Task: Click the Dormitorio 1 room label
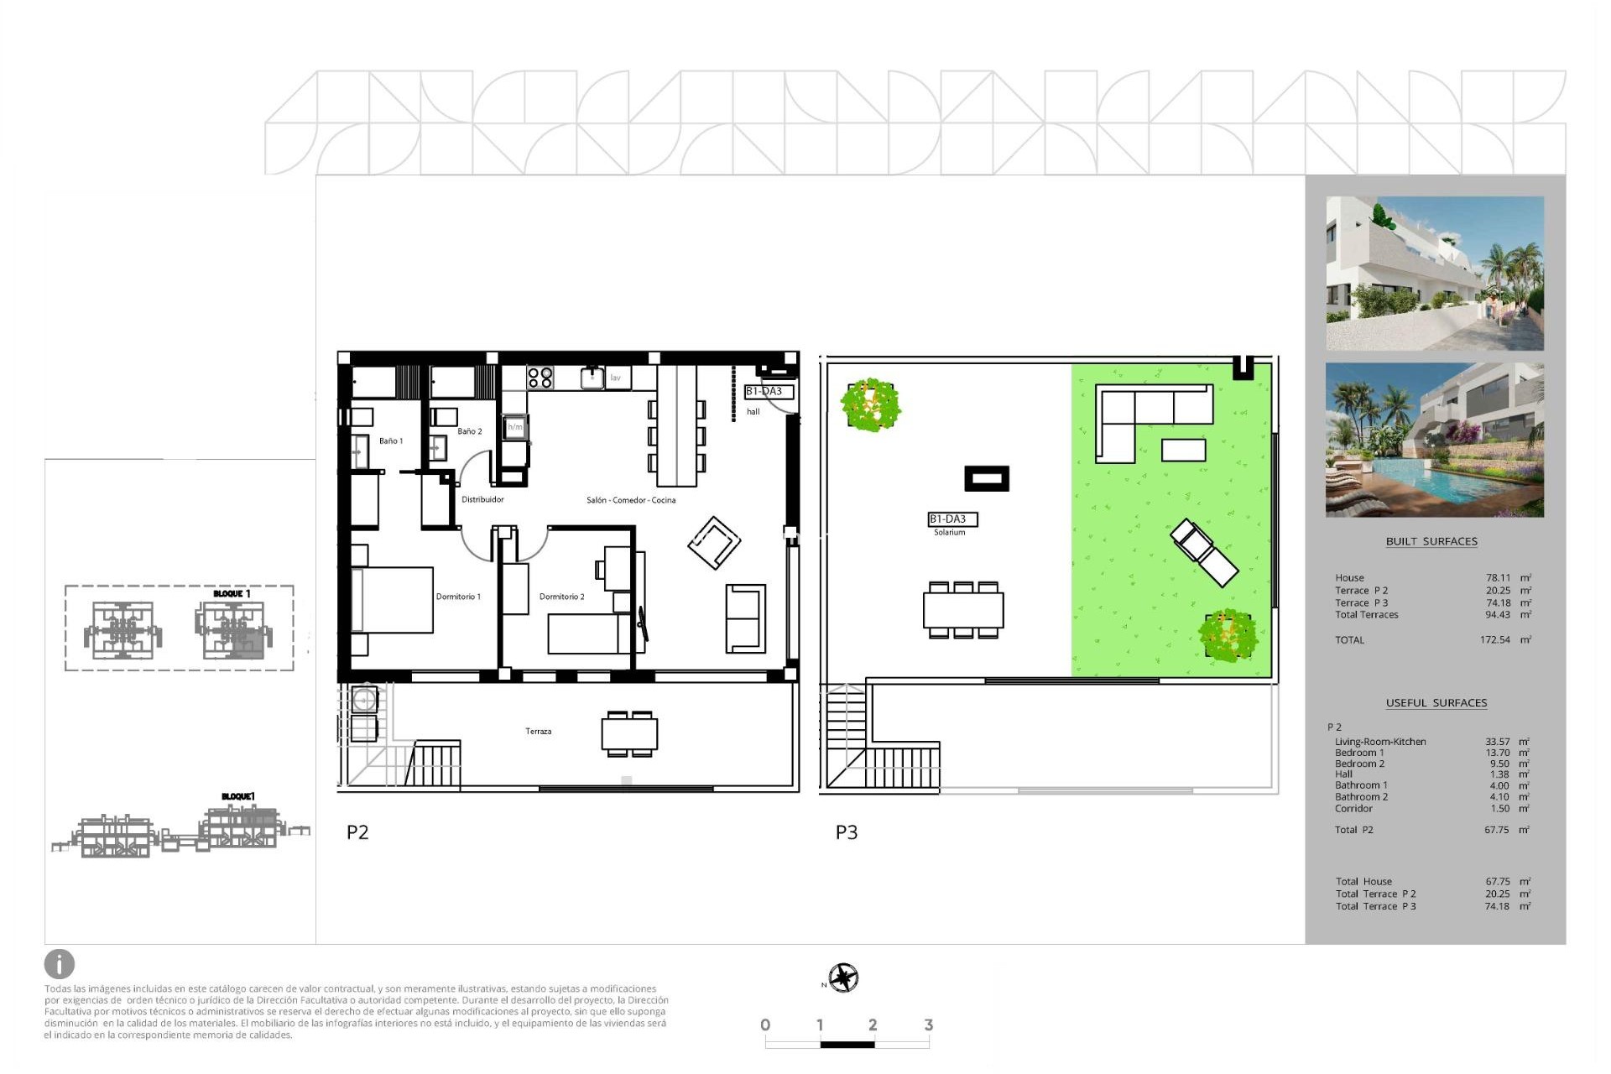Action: click(458, 597)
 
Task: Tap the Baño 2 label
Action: click(470, 431)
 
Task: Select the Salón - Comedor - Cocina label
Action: click(631, 500)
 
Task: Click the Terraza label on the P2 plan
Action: click(539, 732)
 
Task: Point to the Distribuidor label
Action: click(482, 499)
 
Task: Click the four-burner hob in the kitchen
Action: click(540, 378)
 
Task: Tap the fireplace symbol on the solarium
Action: click(986, 479)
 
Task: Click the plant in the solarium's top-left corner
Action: click(871, 404)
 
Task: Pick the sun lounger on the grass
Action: click(1204, 552)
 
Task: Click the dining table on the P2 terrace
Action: click(629, 734)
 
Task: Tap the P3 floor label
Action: click(847, 832)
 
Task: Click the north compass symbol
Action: click(843, 978)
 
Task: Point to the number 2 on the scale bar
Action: click(873, 1024)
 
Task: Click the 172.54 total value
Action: click(1494, 640)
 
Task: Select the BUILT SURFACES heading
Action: click(1431, 541)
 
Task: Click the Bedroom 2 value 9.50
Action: click(1499, 764)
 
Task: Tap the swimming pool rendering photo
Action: click(1434, 440)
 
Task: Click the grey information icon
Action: click(60, 964)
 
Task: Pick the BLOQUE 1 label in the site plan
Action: click(232, 594)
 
